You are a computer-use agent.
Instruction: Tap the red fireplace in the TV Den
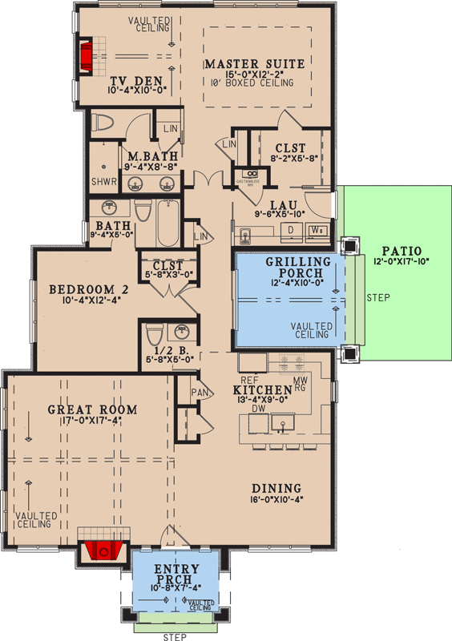(x=86, y=54)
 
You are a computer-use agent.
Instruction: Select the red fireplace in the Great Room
(x=101, y=550)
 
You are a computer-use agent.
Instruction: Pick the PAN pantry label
(x=200, y=393)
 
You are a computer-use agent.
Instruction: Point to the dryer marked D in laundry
(x=291, y=230)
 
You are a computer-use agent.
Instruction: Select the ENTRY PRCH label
(x=175, y=575)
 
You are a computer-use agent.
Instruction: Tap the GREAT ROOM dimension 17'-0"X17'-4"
(x=92, y=421)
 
